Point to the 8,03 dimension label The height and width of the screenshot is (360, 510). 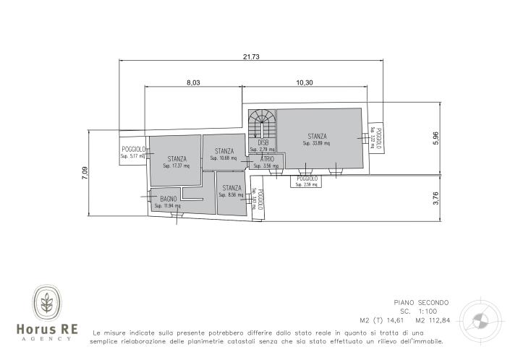coord(192,82)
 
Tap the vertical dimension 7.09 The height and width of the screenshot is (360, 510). coord(85,171)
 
